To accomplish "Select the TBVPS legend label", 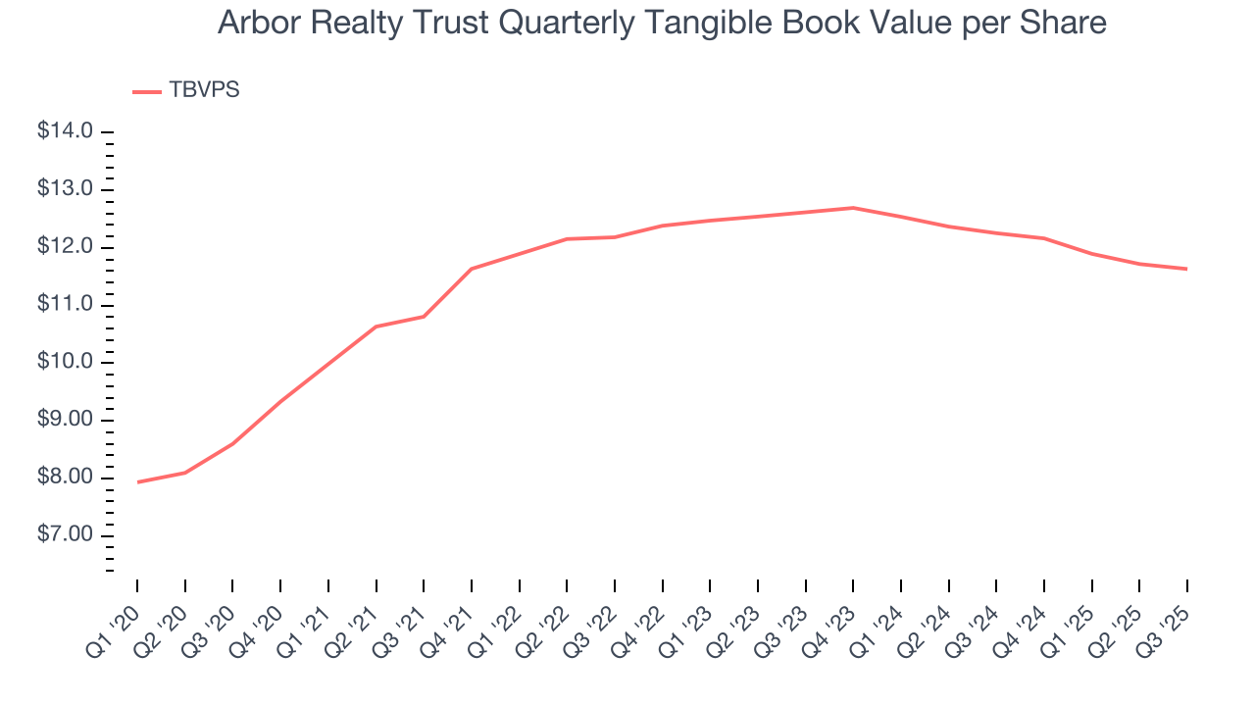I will click(204, 90).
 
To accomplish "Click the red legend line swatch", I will click(147, 91).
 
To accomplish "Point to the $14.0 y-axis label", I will click(65, 131).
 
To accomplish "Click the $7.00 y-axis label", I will click(65, 535).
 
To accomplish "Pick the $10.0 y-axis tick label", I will click(65, 363).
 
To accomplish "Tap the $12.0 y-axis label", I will click(65, 247).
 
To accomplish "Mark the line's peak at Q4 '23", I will click(853, 208).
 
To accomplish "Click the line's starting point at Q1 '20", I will click(137, 481).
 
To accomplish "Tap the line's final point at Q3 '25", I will click(1187, 269).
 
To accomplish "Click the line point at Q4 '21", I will click(472, 269).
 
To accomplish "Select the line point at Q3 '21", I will click(424, 316).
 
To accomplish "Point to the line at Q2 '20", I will click(185, 473).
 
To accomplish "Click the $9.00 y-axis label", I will click(65, 421).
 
